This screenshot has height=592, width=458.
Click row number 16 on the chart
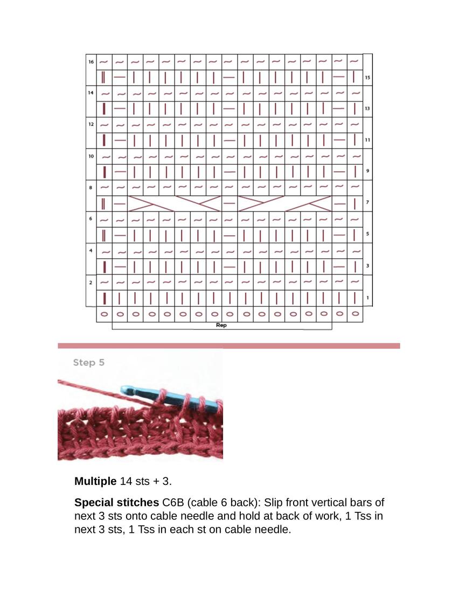(91, 62)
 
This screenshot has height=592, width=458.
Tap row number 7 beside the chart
(367, 203)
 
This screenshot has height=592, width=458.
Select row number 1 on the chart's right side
(367, 298)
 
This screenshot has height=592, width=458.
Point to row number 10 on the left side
(91, 156)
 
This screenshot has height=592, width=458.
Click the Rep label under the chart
(221, 325)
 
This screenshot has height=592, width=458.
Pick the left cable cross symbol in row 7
(175, 203)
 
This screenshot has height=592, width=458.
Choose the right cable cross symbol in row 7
(284, 203)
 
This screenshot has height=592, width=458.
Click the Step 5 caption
(88, 363)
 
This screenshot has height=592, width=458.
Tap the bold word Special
(92, 503)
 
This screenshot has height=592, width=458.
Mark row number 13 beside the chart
(367, 109)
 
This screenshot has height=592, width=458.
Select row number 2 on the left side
(91, 283)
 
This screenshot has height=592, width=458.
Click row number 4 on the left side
(91, 251)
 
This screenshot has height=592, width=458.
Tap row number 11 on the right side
(367, 140)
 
